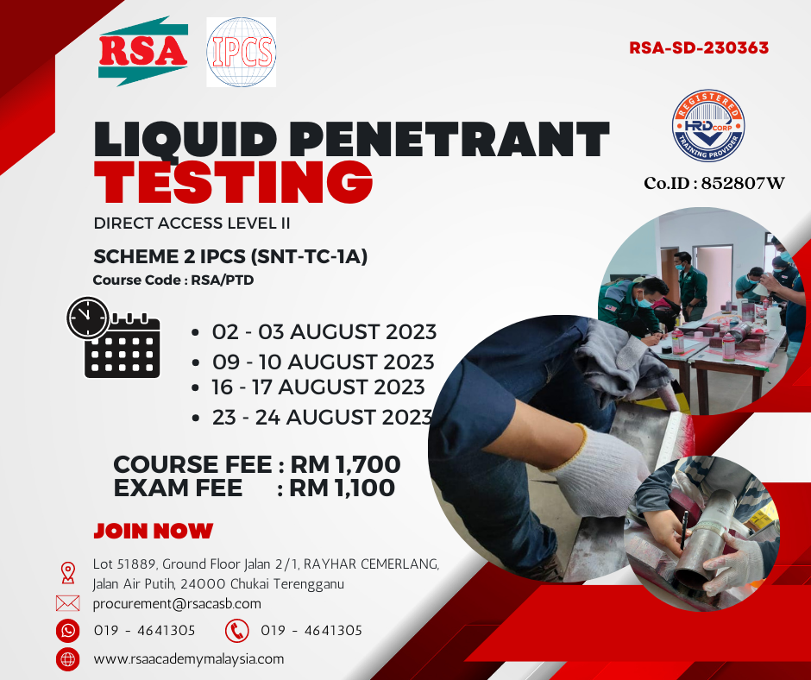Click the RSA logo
(x=142, y=51)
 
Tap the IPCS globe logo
(x=241, y=52)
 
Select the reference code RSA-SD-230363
(x=699, y=47)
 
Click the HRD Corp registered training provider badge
(x=708, y=126)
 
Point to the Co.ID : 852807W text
(x=714, y=183)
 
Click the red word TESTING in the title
(x=233, y=181)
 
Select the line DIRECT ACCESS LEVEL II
(x=192, y=223)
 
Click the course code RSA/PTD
(x=223, y=280)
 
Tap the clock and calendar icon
(x=114, y=337)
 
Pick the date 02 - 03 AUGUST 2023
(x=324, y=331)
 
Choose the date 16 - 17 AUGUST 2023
(x=318, y=387)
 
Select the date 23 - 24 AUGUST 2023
(x=322, y=417)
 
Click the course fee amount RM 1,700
(x=345, y=464)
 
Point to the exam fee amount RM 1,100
(x=342, y=488)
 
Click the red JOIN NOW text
(x=154, y=531)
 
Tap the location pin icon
(x=68, y=573)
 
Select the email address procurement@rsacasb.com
(x=177, y=604)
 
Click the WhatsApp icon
(x=68, y=630)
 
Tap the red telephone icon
(x=237, y=630)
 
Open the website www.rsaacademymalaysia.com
(x=189, y=659)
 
